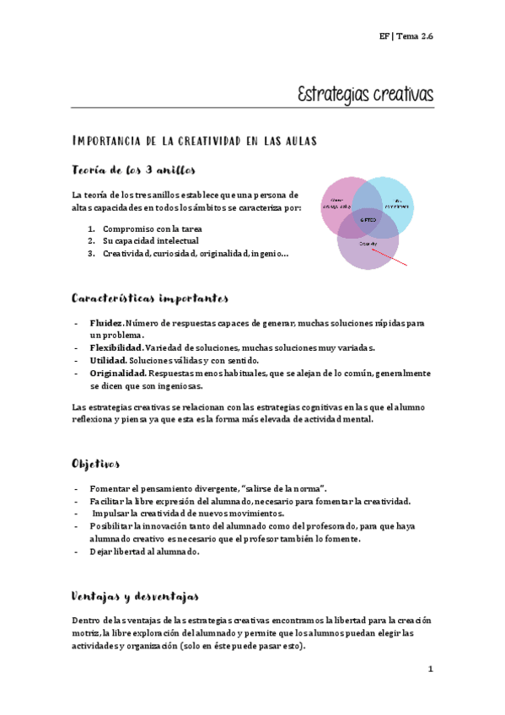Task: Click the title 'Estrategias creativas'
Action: (x=365, y=94)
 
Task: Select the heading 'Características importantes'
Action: (x=149, y=298)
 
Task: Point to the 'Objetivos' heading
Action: (x=96, y=464)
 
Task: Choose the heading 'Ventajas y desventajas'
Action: (x=135, y=596)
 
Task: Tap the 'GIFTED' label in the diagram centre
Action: (x=368, y=219)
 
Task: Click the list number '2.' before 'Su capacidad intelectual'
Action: (x=91, y=240)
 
